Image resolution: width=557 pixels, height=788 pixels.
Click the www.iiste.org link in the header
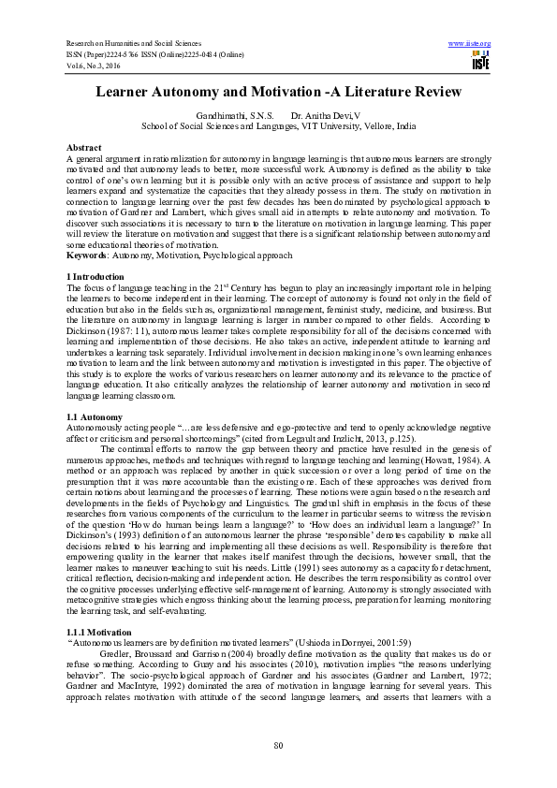pyautogui.click(x=470, y=44)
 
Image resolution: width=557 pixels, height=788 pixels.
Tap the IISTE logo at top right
pyautogui.click(x=480, y=62)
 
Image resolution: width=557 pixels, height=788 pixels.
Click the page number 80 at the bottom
pyautogui.click(x=278, y=744)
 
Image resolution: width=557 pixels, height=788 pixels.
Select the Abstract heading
pyautogui.click(x=83, y=148)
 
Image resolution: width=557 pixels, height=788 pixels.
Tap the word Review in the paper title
pyautogui.click(x=434, y=92)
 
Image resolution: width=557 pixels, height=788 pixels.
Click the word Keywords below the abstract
pyautogui.click(x=85, y=255)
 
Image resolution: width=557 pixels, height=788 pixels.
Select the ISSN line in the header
pyautogui.click(x=150, y=54)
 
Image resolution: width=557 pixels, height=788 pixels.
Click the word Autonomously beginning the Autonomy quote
pyautogui.click(x=96, y=427)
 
